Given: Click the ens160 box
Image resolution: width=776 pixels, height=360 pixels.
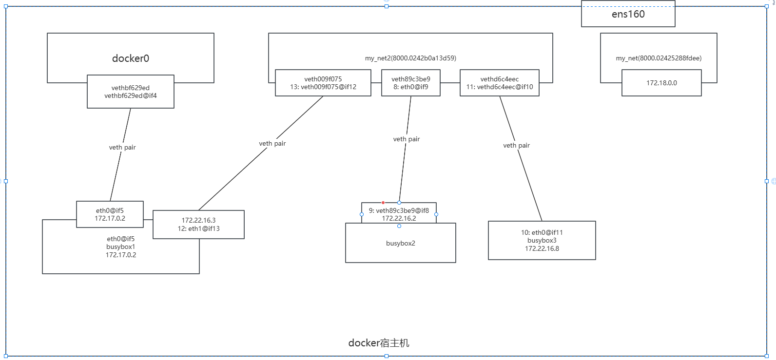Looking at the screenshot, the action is point(628,14).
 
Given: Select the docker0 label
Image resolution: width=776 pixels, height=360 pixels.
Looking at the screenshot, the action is point(131,58).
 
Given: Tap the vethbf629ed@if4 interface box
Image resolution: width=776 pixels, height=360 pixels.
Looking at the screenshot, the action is point(131,92).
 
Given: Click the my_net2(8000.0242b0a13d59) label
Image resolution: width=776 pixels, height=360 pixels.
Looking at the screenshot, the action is point(410,58).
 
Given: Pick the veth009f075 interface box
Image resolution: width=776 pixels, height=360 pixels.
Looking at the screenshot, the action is point(323,83).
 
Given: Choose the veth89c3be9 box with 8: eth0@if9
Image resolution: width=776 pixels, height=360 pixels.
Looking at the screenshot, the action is point(411,83).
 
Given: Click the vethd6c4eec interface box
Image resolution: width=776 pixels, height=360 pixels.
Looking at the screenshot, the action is point(500,83).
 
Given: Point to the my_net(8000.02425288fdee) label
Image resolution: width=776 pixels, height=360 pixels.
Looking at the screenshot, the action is point(659,58).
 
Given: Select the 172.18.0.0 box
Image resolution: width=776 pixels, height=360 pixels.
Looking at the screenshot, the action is point(661,83).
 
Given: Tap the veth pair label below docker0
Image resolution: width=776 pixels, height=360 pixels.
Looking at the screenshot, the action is point(122,148).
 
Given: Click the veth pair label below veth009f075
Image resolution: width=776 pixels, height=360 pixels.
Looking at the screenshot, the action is point(272,143).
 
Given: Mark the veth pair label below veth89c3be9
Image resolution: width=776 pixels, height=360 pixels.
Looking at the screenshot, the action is point(407,139).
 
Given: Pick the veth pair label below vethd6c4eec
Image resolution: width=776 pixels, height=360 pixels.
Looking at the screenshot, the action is point(517,145).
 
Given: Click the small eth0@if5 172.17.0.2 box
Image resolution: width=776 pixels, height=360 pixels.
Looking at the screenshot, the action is point(110,214).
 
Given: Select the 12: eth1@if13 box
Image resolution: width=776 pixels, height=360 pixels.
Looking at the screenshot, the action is point(198,224).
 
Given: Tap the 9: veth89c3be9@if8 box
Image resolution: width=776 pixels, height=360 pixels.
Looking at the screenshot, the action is point(399,213).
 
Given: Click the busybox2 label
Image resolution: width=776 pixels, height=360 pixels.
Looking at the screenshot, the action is point(401,244).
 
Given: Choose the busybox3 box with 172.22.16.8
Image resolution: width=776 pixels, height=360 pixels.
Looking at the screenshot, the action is point(542,240).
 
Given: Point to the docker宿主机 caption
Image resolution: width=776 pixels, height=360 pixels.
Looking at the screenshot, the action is point(379,343).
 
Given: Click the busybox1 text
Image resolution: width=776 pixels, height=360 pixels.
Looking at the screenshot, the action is point(120,247).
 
